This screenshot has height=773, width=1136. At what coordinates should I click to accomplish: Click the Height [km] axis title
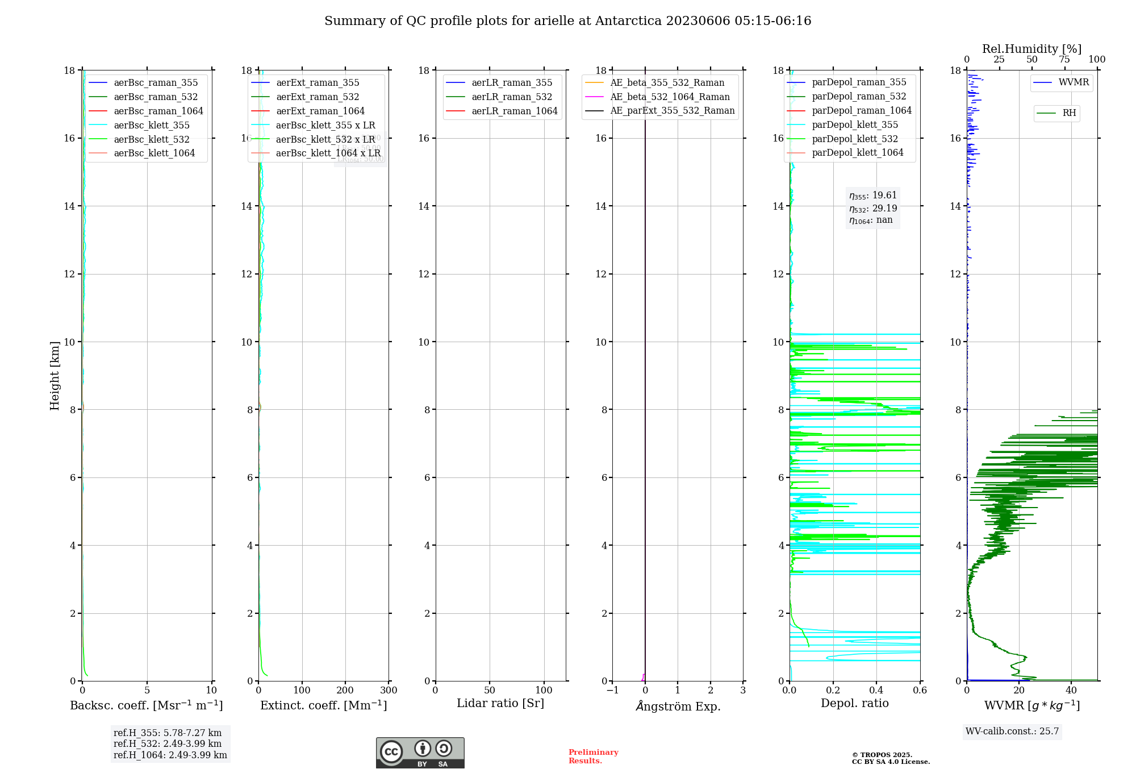click(55, 375)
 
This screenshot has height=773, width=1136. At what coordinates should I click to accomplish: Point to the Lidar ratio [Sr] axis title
click(500, 704)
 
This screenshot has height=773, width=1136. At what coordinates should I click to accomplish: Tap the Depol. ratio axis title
click(854, 704)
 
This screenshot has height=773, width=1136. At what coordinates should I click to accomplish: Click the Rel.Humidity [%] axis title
click(1031, 49)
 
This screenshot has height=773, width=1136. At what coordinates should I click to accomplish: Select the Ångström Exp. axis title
click(678, 706)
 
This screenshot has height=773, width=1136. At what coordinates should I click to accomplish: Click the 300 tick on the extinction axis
click(389, 691)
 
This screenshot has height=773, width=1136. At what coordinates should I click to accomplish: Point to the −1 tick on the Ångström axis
click(612, 691)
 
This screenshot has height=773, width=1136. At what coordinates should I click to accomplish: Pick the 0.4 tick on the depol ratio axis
click(876, 691)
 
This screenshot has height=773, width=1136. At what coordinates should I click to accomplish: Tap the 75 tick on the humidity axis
click(1064, 60)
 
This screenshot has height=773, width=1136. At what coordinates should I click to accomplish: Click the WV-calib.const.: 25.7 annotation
click(1012, 732)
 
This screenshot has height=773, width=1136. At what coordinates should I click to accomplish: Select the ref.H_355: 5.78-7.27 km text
click(168, 733)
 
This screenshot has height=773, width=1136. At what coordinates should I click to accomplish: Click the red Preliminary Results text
click(593, 757)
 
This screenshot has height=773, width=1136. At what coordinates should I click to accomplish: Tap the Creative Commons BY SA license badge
click(420, 753)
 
